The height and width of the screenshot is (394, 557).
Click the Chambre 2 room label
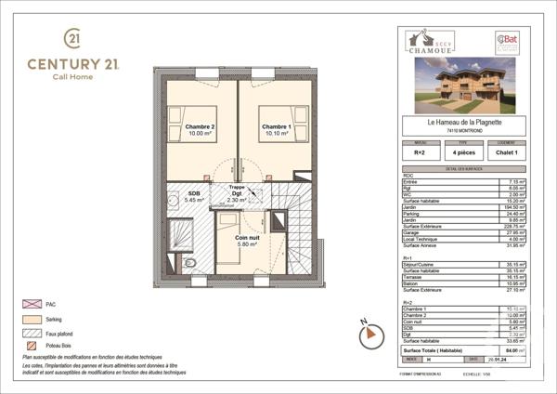(x=199, y=129)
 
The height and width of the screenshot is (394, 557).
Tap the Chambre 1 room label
(x=275, y=129)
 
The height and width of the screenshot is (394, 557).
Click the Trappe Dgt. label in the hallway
(x=237, y=193)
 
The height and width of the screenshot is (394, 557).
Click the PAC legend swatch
(x=31, y=304)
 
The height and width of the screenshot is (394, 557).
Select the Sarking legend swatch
(x=31, y=320)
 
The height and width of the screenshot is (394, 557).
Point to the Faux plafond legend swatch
(x=31, y=333)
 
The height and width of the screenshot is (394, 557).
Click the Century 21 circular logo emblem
(x=72, y=38)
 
